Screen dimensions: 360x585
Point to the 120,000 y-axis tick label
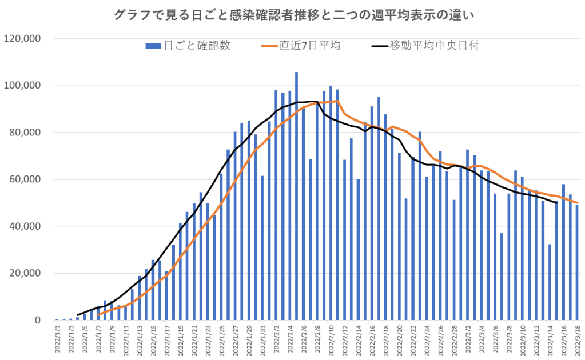22,38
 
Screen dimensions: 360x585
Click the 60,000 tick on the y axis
24,179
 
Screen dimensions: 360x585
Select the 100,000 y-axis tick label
22,86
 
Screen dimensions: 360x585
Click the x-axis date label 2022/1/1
57,341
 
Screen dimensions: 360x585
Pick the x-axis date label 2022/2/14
359,341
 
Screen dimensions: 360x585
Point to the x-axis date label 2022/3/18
577,341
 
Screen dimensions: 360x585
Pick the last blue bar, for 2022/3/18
577,262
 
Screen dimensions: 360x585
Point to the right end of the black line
556,203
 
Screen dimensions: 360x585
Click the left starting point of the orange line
98,314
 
